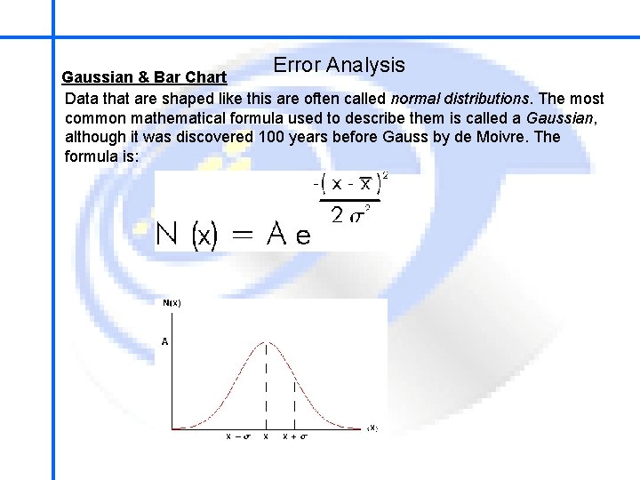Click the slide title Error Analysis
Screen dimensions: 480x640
pos(339,65)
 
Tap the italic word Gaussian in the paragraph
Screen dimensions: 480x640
pos(560,118)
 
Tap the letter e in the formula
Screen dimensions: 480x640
pos(303,236)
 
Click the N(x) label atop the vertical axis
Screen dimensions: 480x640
pos(172,303)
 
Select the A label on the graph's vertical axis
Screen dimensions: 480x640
pos(164,340)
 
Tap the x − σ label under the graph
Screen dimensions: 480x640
pos(236,436)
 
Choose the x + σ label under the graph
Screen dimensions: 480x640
pos(295,436)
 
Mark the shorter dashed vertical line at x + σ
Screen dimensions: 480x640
pos(294,404)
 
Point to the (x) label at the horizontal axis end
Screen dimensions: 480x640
pos(372,428)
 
